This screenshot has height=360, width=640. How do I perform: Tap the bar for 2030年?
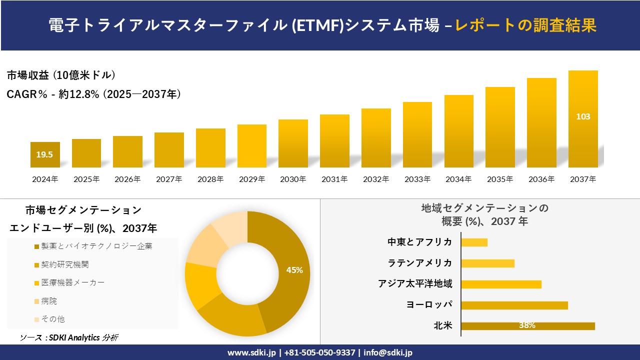[293, 143]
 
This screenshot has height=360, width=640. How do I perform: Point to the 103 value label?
[583, 116]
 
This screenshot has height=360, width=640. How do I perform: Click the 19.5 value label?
[44, 154]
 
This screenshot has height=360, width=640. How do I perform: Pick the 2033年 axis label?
[417, 179]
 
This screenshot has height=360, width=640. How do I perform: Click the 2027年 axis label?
[169, 179]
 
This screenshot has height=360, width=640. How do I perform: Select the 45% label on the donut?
[294, 270]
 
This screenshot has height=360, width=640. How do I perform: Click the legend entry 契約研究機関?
[65, 264]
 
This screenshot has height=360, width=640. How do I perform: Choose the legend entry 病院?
[49, 301]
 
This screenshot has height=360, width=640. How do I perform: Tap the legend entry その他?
[52, 319]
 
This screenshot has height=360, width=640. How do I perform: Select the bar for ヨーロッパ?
[514, 305]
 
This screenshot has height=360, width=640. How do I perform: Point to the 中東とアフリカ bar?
[474, 242]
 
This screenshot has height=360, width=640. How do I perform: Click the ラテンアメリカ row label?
[420, 263]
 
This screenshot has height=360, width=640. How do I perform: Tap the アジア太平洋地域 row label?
[415, 284]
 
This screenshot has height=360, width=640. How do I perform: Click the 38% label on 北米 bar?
[527, 325]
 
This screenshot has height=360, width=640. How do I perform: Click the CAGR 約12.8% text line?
[94, 94]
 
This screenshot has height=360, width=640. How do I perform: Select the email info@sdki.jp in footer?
[388, 352]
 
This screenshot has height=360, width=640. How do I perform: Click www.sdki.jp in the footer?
[251, 352]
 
